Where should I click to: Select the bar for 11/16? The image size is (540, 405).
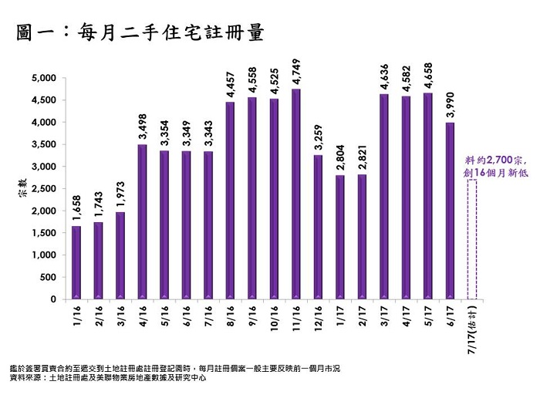pyautogui.click(x=296, y=194)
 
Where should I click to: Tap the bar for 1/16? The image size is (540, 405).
pyautogui.click(x=76, y=262)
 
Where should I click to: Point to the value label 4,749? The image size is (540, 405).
pyautogui.click(x=296, y=72)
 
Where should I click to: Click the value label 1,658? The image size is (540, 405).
pyautogui.click(x=76, y=209)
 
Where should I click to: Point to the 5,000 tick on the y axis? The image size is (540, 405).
pyautogui.click(x=46, y=78)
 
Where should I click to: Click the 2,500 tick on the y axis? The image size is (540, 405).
pyautogui.click(x=46, y=188)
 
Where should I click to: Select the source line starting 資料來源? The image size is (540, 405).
pyautogui.click(x=107, y=379)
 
